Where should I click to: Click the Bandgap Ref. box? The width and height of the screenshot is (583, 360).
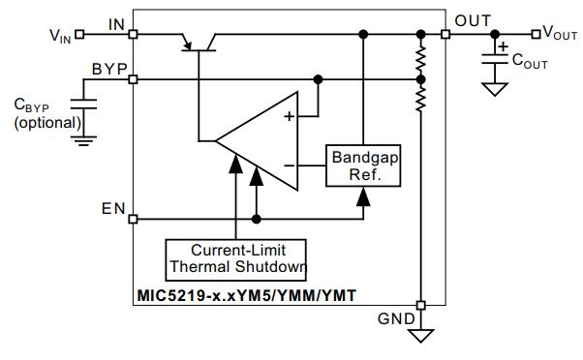pyautogui.click(x=363, y=165)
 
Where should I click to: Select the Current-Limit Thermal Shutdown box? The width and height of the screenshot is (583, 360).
pyautogui.click(x=235, y=260)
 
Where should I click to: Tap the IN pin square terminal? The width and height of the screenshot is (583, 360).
pyautogui.click(x=133, y=35)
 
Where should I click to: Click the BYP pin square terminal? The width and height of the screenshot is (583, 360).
pyautogui.click(x=133, y=79)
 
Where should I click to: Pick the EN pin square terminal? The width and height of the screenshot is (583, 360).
pyautogui.click(x=133, y=220)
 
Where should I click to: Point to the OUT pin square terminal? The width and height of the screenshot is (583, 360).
pyautogui.click(x=445, y=35)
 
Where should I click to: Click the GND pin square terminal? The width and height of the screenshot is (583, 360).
pyautogui.click(x=420, y=306)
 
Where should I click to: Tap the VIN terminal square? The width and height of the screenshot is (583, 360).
pyautogui.click(x=79, y=35)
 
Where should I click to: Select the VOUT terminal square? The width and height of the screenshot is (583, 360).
pyautogui.click(x=536, y=35)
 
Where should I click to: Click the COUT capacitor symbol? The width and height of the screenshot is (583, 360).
pyautogui.click(x=495, y=59)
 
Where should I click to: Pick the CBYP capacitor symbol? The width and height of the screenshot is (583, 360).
pyautogui.click(x=83, y=104)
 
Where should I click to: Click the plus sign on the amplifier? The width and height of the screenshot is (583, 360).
pyautogui.click(x=289, y=116)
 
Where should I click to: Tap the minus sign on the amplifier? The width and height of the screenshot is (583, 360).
pyautogui.click(x=289, y=165)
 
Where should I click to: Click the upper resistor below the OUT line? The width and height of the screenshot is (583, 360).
pyautogui.click(x=420, y=59)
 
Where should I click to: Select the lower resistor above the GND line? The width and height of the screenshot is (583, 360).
pyautogui.click(x=420, y=99)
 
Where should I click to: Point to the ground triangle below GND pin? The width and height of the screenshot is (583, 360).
pyautogui.click(x=420, y=335)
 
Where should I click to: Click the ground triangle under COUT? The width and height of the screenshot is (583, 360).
pyautogui.click(x=495, y=89)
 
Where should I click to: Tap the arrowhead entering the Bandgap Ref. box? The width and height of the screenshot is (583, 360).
pyautogui.click(x=363, y=196)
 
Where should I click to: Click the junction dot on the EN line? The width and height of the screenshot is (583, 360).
pyautogui.click(x=257, y=220)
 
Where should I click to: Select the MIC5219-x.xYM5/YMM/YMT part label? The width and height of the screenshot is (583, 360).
pyautogui.click(x=247, y=296)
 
